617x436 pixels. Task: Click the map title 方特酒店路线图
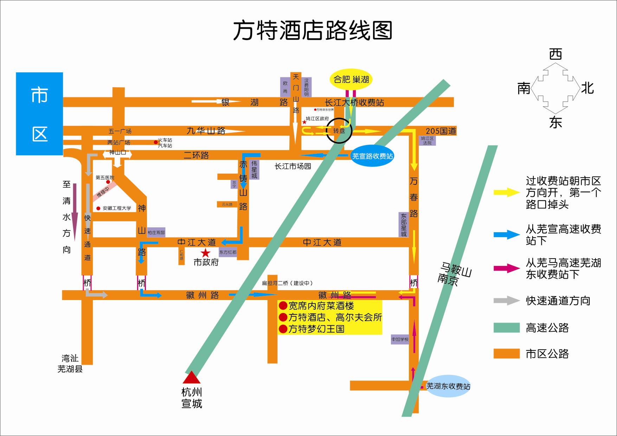pos(313,31)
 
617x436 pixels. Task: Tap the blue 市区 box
pos(39,114)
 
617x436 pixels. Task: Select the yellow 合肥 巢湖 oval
pos(351,79)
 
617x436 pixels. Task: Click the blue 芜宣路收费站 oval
pos(372,156)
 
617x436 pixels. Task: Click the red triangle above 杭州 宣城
pos(191,378)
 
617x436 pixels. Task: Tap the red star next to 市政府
pos(205,253)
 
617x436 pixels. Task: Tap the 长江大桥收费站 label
pos(354,103)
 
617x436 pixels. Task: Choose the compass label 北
pos(587,88)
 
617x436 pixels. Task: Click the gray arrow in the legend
pos(507,301)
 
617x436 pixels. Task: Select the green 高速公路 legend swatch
pos(506,327)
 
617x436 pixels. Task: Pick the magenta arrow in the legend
pos(507,268)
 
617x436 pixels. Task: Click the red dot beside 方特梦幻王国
pos(283,329)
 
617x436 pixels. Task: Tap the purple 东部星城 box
pos(404,224)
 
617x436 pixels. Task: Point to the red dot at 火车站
pos(155,142)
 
